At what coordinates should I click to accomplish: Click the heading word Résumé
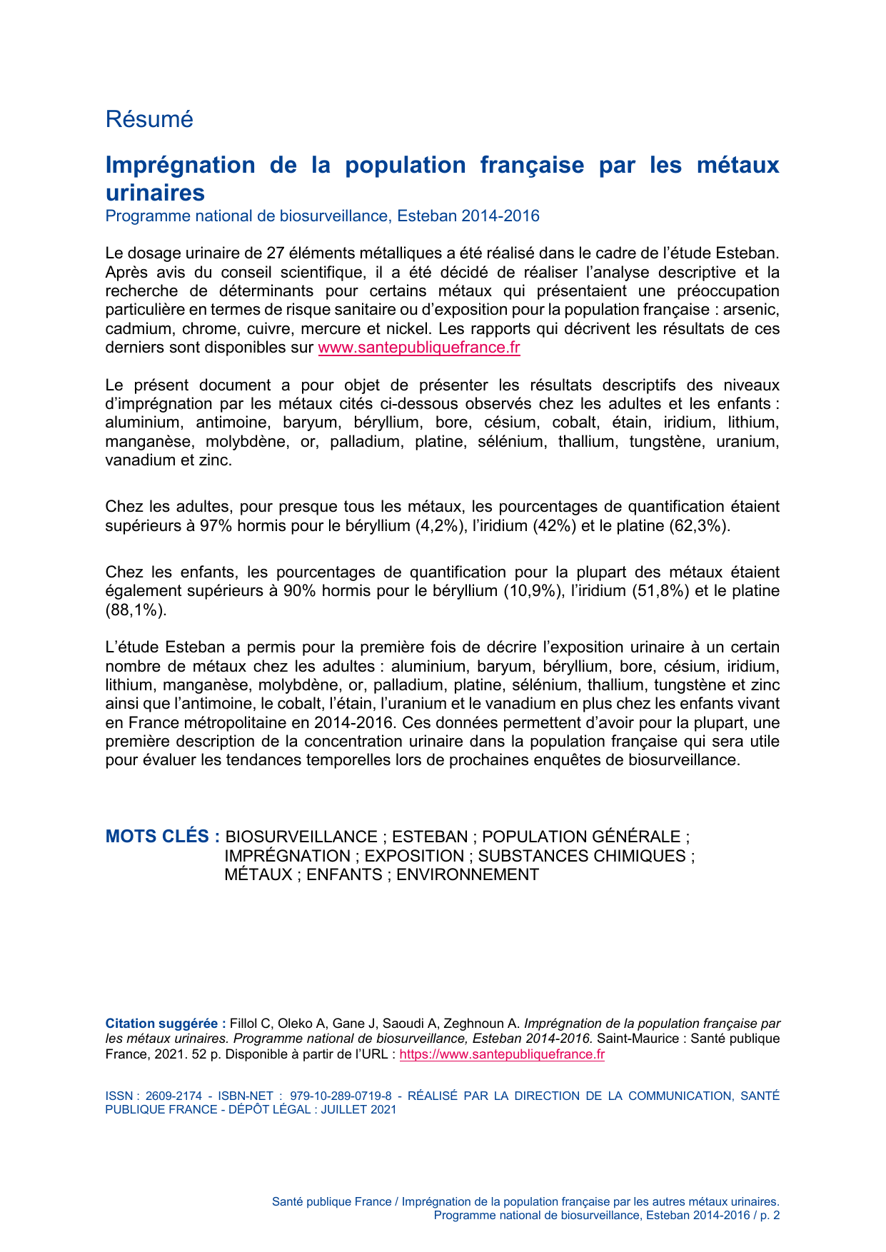coord(149,119)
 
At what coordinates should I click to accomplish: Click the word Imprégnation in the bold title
coord(180,165)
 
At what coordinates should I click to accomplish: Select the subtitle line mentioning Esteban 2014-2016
coord(322,216)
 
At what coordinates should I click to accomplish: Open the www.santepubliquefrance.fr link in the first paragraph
coord(418,348)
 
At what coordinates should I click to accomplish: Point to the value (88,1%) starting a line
coord(136,610)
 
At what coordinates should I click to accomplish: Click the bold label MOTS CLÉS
coord(161,837)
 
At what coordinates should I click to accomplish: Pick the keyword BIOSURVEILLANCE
coord(301,837)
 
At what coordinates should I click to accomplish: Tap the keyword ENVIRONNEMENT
coord(468,874)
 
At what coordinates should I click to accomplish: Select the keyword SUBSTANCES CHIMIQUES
coord(581,856)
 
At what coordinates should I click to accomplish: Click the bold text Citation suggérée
coord(165,1023)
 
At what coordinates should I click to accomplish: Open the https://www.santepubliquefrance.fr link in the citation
coord(502,1054)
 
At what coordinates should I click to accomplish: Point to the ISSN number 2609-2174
coord(173,1096)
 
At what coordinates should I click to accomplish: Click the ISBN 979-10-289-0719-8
coord(341,1096)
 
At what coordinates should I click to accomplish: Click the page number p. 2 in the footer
coord(770,1215)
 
